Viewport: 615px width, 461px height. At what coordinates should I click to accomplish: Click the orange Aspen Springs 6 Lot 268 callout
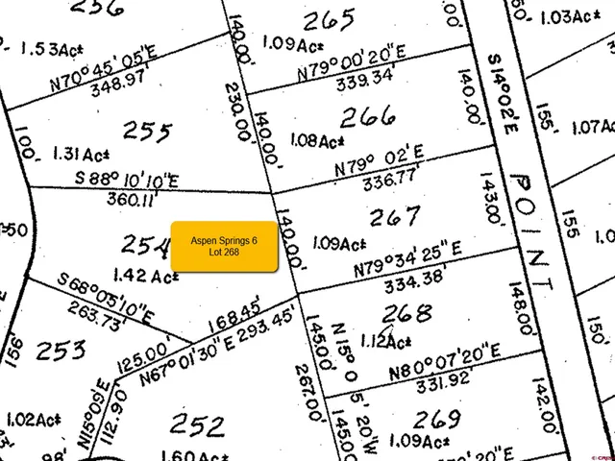(x=224, y=245)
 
